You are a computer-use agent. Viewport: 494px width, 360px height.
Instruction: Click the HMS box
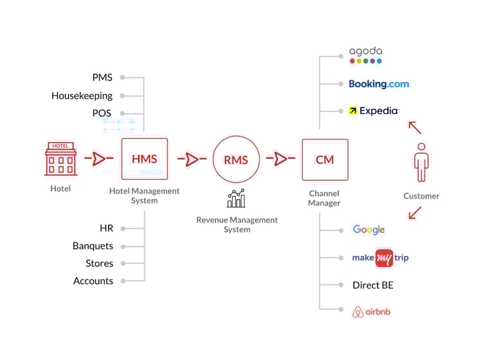(144, 159)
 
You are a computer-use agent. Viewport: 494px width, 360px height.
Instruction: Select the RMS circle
(236, 159)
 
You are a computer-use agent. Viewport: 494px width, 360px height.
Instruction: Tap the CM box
(325, 159)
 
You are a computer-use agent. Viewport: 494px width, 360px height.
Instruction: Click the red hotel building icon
(60, 159)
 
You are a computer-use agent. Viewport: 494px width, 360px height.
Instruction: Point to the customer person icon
(421, 161)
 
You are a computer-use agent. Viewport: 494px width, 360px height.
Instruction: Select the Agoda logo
(365, 55)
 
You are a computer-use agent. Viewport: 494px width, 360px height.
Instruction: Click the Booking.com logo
(378, 84)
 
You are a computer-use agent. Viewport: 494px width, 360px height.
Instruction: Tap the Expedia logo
(374, 111)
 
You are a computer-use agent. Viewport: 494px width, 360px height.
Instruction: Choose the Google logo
(369, 230)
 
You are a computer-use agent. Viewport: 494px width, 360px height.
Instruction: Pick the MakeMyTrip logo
(380, 258)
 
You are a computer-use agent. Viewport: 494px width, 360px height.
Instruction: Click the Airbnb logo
(372, 312)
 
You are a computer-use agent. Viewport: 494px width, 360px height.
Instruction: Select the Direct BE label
(372, 285)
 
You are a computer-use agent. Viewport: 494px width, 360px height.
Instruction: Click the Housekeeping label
(82, 96)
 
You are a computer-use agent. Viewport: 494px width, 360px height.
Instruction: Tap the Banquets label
(93, 246)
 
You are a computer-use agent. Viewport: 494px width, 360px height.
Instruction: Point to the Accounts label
(93, 281)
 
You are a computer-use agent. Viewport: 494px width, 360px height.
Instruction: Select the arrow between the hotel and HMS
(98, 159)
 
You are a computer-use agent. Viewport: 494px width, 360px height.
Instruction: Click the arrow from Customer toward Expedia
(415, 127)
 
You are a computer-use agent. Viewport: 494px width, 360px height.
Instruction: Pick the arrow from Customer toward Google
(415, 212)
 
